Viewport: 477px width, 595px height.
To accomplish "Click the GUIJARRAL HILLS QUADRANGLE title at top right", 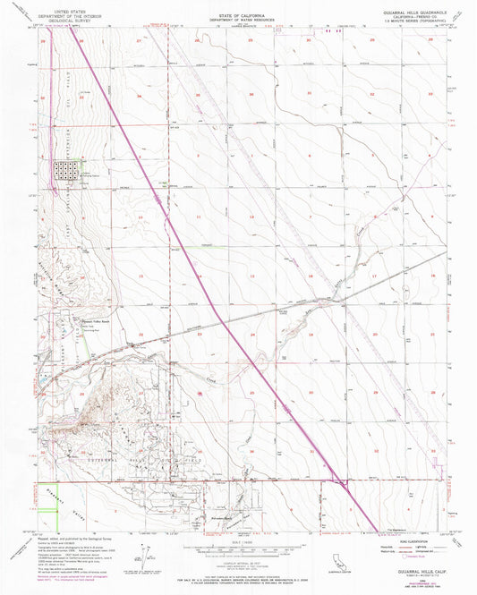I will coord(406,10).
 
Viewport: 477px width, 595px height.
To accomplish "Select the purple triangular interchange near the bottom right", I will coord(338,483).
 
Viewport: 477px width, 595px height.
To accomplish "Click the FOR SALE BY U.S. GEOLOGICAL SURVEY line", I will coord(237,565).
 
